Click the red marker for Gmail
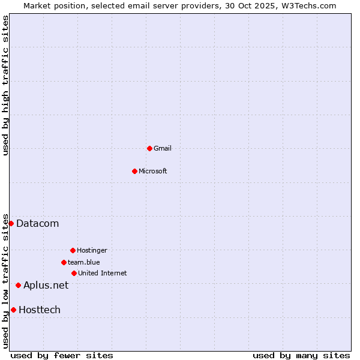click(149, 148)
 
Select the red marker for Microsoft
click(134, 171)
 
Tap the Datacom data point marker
click(11, 223)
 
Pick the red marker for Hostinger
click(73, 250)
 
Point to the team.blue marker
click(64, 262)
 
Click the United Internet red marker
click(74, 273)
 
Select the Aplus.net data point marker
click(18, 285)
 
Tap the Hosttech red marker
click(13, 310)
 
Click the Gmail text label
click(163, 148)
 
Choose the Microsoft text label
click(153, 171)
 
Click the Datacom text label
click(38, 224)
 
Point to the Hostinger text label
click(92, 250)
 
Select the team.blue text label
click(84, 262)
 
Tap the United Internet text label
click(103, 273)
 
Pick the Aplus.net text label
click(46, 286)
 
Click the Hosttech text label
click(40, 310)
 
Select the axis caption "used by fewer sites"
click(62, 355)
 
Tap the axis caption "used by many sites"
click(301, 355)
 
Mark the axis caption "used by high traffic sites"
click(5, 85)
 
